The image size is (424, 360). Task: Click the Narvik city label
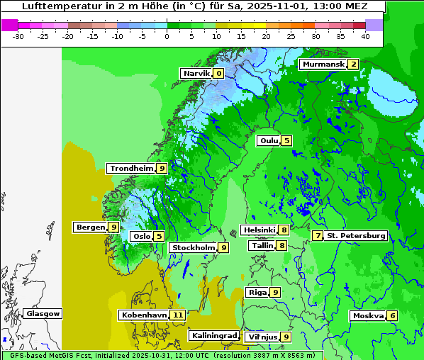tap(196, 73)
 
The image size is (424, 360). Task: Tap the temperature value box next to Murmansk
tap(352, 64)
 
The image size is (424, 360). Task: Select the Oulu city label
tap(269, 140)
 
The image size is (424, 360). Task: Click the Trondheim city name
tap(132, 168)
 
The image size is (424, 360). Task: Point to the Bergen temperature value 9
tap(113, 227)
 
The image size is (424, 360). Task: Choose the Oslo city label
tap(142, 236)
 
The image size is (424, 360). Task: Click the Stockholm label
tap(193, 247)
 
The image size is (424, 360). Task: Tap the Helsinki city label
tap(259, 230)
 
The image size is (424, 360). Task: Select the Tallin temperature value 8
tap(281, 245)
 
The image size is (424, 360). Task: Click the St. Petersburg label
tap(356, 235)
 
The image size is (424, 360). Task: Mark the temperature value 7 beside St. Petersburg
tap(318, 235)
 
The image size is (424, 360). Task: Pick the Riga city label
tap(257, 292)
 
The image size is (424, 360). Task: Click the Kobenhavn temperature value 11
tap(177, 315)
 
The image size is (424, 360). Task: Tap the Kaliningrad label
tap(213, 335)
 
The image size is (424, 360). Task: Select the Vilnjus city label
tap(262, 337)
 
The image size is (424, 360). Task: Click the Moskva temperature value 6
tap(392, 315)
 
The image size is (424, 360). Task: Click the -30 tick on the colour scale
tap(18, 35)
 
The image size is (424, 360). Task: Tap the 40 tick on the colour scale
tap(365, 35)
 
